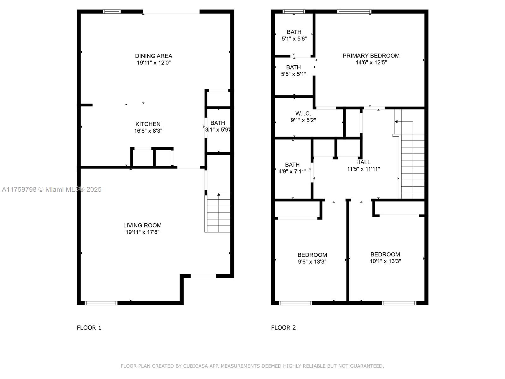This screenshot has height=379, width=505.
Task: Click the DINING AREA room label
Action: [x=153, y=56]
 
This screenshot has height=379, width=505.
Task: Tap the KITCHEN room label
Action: [x=148, y=124]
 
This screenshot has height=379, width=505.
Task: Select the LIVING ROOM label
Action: [x=142, y=225]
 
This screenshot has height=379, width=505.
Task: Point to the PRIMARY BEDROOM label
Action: [x=371, y=56]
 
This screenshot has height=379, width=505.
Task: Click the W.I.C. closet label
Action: [x=303, y=113]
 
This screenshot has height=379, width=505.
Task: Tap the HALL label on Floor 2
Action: [x=363, y=162]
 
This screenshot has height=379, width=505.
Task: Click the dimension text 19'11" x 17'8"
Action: [x=142, y=232]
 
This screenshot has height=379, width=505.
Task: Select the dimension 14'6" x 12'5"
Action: [x=371, y=62]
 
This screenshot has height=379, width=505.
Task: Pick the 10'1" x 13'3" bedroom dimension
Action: [x=385, y=261]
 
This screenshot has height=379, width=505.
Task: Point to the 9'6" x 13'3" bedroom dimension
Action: [x=312, y=262]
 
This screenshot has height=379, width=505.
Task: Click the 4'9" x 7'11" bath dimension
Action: [x=292, y=171]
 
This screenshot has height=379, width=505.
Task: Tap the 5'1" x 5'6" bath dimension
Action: [x=294, y=39]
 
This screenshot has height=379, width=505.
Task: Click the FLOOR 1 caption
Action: [x=89, y=328]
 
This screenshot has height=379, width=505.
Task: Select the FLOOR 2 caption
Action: [x=283, y=328]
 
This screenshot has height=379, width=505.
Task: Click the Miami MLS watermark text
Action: [x=51, y=189]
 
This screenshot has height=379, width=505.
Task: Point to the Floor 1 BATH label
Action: [x=218, y=123]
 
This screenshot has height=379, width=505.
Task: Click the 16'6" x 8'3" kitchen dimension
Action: [x=148, y=131]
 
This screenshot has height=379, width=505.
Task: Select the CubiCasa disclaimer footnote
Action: [x=252, y=366]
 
